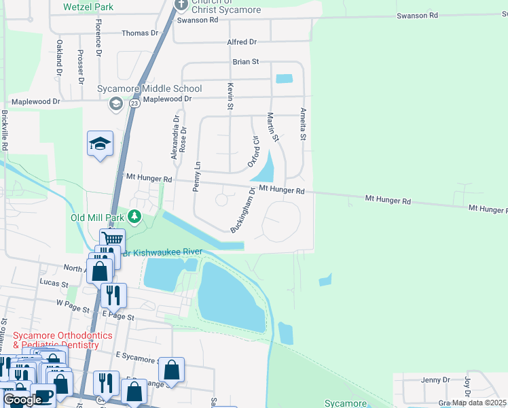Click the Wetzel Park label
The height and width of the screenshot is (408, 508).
pos(88,7)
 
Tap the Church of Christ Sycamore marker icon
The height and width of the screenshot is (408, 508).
pos(181,5)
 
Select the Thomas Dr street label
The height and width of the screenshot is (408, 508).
pos(139,33)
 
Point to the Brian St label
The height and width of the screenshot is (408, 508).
pos(246,62)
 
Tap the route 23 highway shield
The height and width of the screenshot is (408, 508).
pos(134,103)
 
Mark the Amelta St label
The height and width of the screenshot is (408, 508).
pos(304,124)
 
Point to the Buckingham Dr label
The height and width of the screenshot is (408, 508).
pos(242,210)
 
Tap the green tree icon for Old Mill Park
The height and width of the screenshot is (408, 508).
pos(135,217)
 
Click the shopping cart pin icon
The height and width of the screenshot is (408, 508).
pos(112,239)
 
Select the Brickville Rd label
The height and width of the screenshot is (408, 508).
pos(5,131)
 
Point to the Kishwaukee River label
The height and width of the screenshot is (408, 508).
pos(167,252)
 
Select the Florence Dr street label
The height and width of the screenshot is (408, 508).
pos(98,42)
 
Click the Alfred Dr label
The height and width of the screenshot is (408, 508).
pos(242,42)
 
